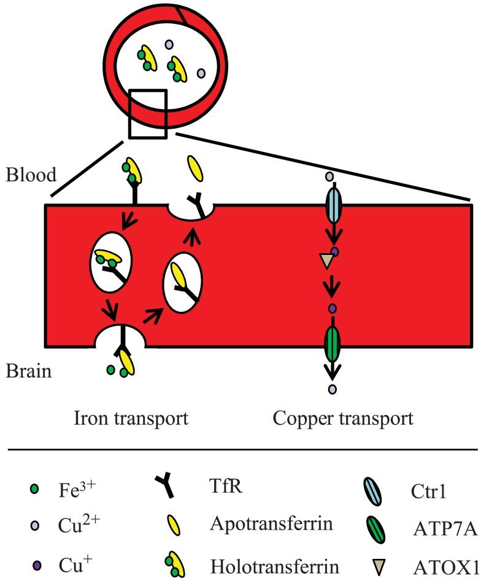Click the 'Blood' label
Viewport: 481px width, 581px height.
tap(31, 175)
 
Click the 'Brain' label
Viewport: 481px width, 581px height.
tap(29, 371)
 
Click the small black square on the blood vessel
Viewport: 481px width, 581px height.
tap(148, 113)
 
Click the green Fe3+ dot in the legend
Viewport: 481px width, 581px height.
tap(34, 489)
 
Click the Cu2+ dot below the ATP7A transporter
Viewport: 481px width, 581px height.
tap(332, 389)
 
